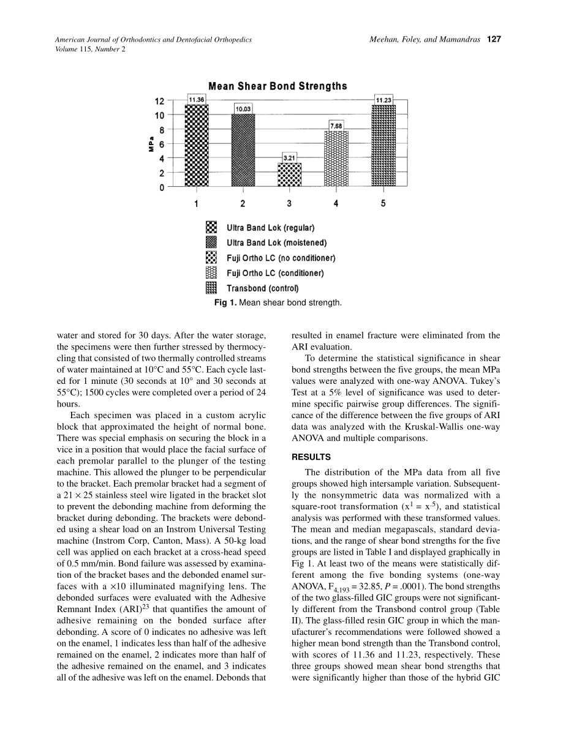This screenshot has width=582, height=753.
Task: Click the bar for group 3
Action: tap(289, 174)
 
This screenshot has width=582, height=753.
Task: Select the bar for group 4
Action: tap(336, 159)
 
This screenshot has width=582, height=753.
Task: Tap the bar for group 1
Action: tap(197, 145)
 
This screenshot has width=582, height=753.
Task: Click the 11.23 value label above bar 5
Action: tap(384, 100)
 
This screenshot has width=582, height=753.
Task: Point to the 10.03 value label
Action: tap(243, 109)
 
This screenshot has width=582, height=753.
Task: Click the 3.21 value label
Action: tap(289, 158)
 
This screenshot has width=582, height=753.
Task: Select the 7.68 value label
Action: tap(336, 125)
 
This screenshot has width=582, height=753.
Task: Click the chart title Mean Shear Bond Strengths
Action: tap(278, 86)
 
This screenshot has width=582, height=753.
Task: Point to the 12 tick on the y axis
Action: tap(159, 100)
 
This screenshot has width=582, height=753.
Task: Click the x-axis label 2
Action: tap(243, 203)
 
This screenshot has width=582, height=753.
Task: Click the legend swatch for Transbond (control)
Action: tap(211, 288)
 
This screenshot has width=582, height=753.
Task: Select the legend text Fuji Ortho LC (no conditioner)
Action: tap(281, 258)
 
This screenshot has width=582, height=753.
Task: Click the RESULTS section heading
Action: tap(311, 457)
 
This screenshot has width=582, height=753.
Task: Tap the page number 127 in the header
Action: tap(494, 39)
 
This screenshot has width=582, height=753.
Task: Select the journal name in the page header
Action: tap(153, 39)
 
